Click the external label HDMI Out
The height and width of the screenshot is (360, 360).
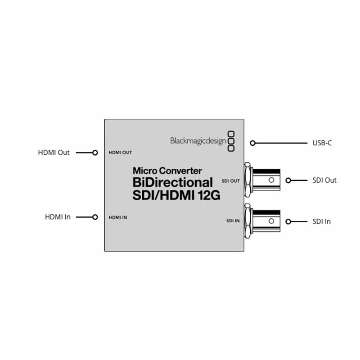coord(54,153)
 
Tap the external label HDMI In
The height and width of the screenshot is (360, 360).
coord(58,217)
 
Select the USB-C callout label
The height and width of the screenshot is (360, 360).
coord(322,143)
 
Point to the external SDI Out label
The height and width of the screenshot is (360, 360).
coord(324,180)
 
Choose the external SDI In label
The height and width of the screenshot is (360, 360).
coord(321,221)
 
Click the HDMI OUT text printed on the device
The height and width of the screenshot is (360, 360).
coord(120,153)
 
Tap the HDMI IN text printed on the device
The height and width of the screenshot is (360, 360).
coord(118,217)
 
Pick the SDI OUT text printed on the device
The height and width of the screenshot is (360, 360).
coord(231,180)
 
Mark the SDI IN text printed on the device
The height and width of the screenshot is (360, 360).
coord(232,221)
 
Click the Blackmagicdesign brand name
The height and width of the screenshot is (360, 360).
coord(198,141)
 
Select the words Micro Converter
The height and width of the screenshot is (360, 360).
coord(167,171)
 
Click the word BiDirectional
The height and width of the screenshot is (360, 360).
coord(172,183)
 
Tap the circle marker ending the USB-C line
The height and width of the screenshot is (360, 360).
coord(253,143)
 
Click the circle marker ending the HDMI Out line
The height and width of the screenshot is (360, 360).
coord(95,153)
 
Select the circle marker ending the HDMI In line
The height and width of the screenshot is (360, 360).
coord(95,217)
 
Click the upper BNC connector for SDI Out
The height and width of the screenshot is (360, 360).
coord(263,180)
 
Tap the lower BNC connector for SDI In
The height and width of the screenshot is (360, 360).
coord(263,221)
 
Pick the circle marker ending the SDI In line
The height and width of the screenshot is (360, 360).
coord(288,221)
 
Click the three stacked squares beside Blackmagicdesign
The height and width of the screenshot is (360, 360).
coord(231,140)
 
